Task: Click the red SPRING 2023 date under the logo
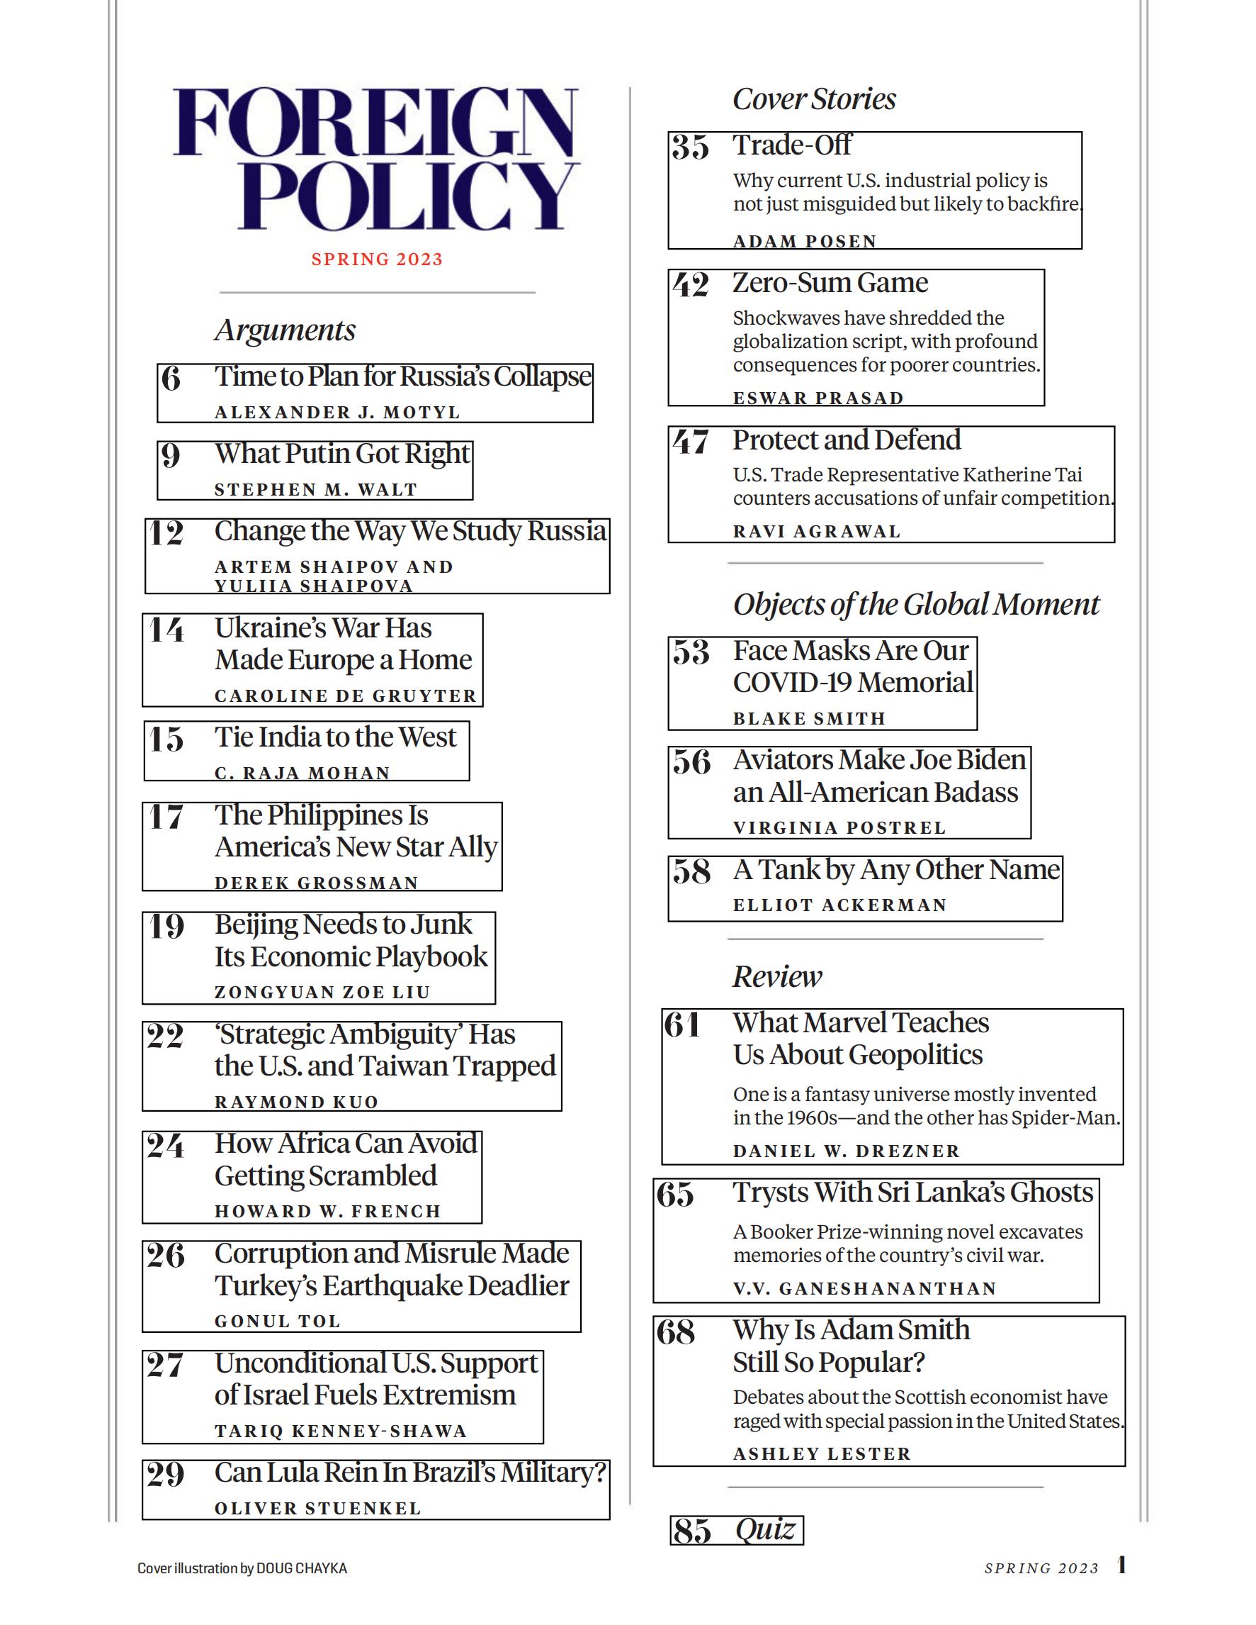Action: (x=376, y=259)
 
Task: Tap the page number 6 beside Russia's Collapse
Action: (x=171, y=379)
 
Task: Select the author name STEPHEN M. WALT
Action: (x=315, y=490)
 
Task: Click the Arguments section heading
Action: (x=285, y=330)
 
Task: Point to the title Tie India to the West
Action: (x=334, y=737)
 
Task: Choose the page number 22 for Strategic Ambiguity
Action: (x=165, y=1036)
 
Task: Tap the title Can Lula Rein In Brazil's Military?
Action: (x=409, y=1473)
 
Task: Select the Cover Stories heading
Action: (x=813, y=99)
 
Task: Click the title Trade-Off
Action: (x=791, y=145)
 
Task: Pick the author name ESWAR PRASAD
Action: (x=818, y=398)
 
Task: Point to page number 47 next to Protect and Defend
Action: (x=691, y=442)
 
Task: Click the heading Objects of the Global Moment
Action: (x=915, y=604)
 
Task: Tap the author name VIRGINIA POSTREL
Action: (x=839, y=827)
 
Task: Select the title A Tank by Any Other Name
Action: (x=896, y=870)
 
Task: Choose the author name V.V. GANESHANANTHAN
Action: (x=864, y=1289)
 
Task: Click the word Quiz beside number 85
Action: (x=765, y=1530)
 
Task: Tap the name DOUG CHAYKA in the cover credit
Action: (x=301, y=1568)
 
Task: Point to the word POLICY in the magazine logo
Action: (x=407, y=195)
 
